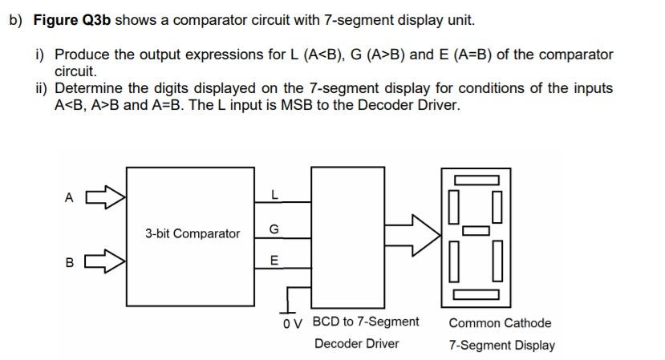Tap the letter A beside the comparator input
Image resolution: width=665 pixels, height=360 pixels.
(x=70, y=196)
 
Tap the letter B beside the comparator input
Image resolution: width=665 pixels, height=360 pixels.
(x=70, y=261)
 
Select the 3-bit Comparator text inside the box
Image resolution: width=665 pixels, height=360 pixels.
(x=193, y=233)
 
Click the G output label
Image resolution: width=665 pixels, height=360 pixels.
(x=274, y=230)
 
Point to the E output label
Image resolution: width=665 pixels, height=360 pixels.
(x=274, y=261)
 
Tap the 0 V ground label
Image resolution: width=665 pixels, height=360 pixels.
(x=292, y=325)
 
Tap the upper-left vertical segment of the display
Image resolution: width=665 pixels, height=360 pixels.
(x=453, y=204)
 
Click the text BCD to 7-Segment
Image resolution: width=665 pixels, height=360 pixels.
(x=365, y=322)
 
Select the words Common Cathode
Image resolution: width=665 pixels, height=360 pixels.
(x=500, y=323)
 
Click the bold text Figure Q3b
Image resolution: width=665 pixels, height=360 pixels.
(x=72, y=20)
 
